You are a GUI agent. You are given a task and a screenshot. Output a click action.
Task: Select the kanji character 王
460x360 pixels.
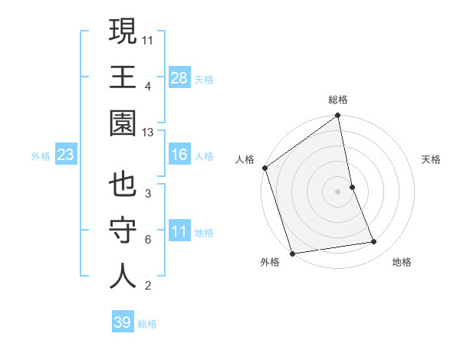click(123, 77)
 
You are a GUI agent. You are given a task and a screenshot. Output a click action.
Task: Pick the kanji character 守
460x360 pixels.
click(123, 231)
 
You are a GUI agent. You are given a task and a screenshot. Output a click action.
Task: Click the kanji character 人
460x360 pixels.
click(123, 277)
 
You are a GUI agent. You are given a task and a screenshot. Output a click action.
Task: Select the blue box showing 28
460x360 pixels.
click(179, 78)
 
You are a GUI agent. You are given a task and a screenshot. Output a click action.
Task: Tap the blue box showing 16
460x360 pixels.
click(179, 155)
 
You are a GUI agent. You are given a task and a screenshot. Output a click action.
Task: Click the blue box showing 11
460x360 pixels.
click(179, 231)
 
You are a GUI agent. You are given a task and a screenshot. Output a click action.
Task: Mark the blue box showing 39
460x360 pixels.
click(123, 322)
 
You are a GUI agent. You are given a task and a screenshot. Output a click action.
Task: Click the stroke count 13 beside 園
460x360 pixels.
click(148, 133)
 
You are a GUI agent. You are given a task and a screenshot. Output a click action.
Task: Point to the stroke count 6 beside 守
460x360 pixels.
click(147, 240)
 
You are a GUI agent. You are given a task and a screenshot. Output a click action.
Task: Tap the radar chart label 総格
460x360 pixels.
click(338, 100)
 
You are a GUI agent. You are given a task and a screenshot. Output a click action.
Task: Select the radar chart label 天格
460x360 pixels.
click(432, 159)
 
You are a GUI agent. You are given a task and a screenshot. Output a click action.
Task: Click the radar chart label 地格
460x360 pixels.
click(402, 262)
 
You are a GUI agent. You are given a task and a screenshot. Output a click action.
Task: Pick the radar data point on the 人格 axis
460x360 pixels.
click(265, 168)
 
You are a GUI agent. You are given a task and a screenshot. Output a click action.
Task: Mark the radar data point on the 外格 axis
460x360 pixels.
click(292, 253)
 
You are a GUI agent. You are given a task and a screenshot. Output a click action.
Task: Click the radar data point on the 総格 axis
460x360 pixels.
click(338, 116)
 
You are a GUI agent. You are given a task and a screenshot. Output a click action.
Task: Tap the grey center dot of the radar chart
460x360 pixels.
click(338, 191)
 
